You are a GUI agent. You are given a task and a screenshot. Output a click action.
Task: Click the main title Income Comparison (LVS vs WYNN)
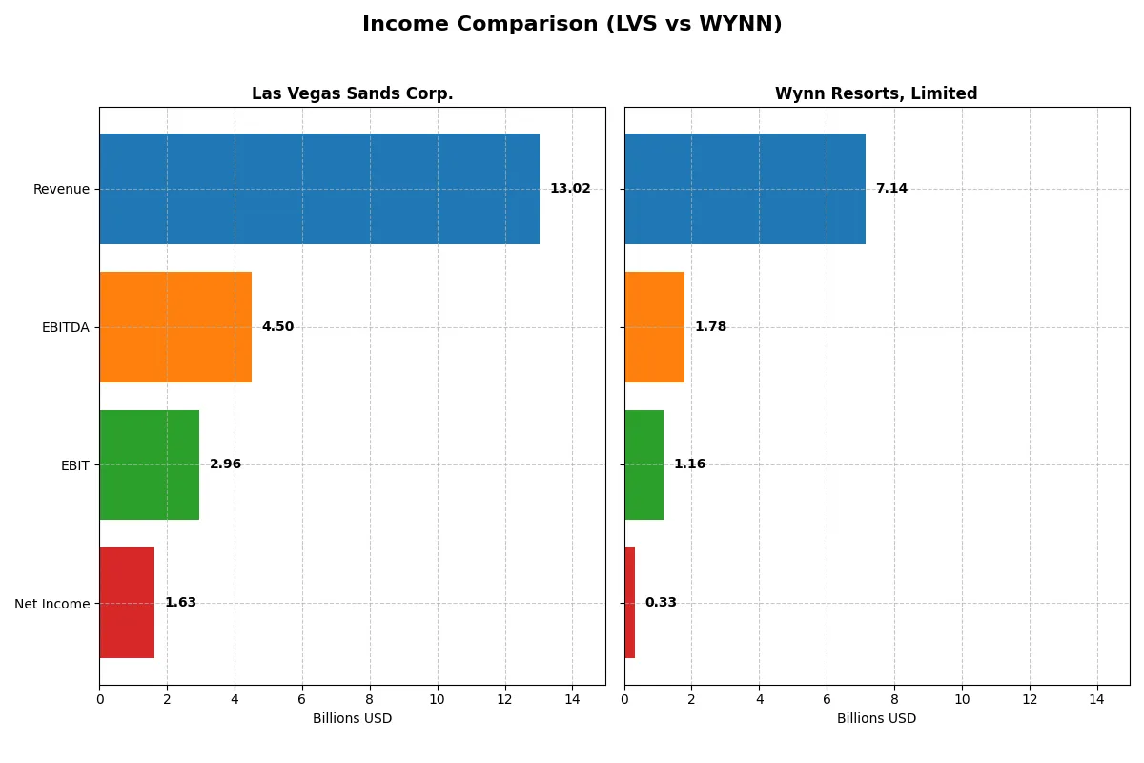click(572, 25)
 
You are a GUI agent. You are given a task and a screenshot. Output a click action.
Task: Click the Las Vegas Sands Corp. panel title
click(352, 93)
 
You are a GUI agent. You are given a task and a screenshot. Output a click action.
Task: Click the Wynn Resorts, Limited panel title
click(876, 93)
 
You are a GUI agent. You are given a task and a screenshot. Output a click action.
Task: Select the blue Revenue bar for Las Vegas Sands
click(319, 189)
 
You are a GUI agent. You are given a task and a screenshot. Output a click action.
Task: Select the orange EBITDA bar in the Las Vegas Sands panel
click(175, 327)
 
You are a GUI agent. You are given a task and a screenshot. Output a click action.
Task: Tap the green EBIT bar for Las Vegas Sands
click(150, 464)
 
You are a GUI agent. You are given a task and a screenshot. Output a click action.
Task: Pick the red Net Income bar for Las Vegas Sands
click(127, 603)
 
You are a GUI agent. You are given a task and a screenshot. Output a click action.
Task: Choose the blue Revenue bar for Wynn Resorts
click(745, 189)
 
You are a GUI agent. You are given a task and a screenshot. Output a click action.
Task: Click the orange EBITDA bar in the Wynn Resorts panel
click(654, 327)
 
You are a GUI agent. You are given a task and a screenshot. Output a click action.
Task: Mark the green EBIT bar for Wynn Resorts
click(643, 464)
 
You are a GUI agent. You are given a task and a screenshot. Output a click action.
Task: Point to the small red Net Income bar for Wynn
click(630, 603)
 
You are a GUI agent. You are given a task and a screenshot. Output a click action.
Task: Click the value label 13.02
click(570, 189)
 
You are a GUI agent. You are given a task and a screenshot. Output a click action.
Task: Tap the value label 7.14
click(891, 189)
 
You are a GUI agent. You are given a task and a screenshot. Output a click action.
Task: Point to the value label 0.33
click(661, 603)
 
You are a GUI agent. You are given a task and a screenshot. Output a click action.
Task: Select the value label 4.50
click(277, 327)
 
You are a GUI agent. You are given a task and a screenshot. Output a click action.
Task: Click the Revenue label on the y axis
click(61, 189)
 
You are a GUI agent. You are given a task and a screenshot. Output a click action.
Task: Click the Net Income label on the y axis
click(52, 603)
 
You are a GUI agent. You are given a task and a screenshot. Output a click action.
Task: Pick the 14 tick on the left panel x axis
click(572, 699)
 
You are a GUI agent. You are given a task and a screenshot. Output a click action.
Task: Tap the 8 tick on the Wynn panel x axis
click(894, 699)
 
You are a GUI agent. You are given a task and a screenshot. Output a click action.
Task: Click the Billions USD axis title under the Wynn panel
click(876, 719)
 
